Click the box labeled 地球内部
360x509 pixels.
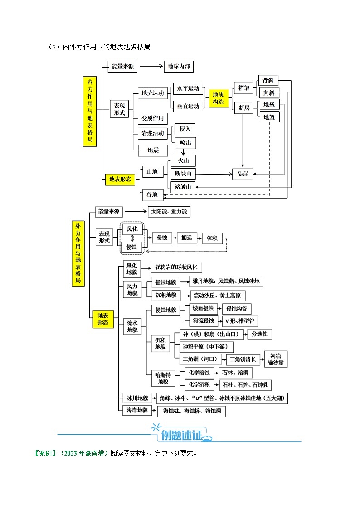[179, 67]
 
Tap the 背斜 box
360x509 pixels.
[268, 81]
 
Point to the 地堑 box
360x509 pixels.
[268, 117]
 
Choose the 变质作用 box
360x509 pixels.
[152, 118]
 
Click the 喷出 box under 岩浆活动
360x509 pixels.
[185, 142]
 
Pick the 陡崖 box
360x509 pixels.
[243, 174]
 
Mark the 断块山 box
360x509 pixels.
[183, 174]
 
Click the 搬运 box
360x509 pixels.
[186, 238]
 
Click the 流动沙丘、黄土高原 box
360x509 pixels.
[218, 296]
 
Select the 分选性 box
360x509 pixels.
[259, 334]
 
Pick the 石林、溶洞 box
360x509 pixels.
[236, 373]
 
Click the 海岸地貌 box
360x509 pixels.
[136, 411]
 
